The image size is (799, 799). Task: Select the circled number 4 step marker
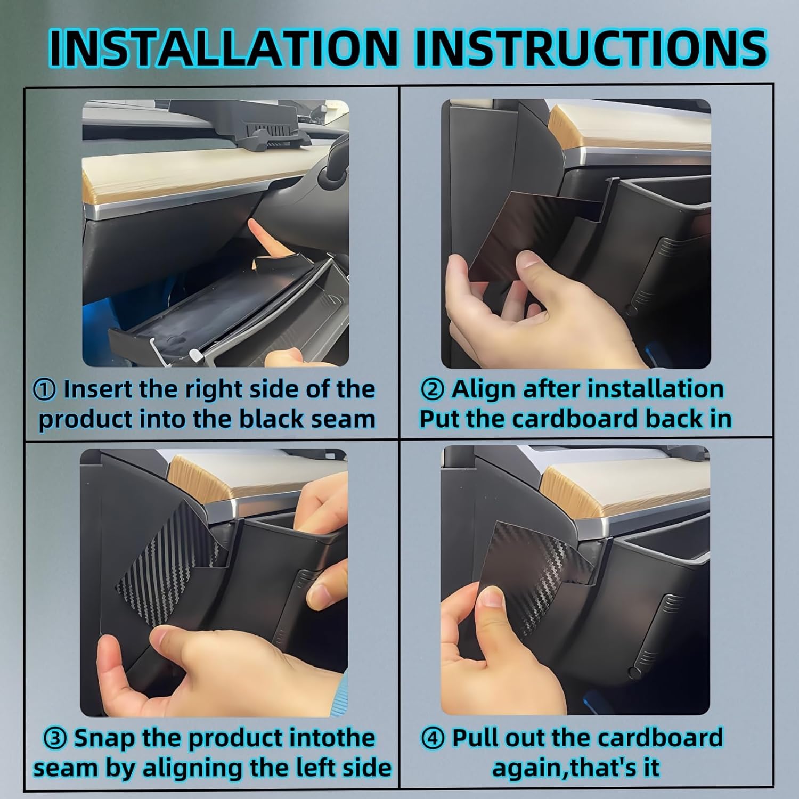point(433,739)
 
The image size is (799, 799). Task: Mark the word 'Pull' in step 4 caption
point(474,738)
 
